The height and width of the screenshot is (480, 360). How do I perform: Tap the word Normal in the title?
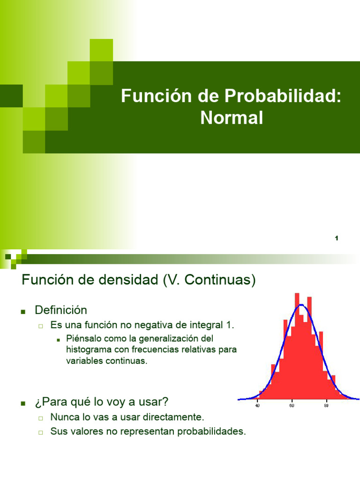pos(232,118)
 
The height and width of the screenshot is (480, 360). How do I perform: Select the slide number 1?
pos(337,239)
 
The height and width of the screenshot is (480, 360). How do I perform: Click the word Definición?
pos(61,310)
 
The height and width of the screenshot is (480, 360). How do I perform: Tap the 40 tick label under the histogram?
pos(257,406)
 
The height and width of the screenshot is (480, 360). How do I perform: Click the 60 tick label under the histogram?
pos(292,406)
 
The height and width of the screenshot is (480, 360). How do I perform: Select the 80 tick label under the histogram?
pos(326,406)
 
